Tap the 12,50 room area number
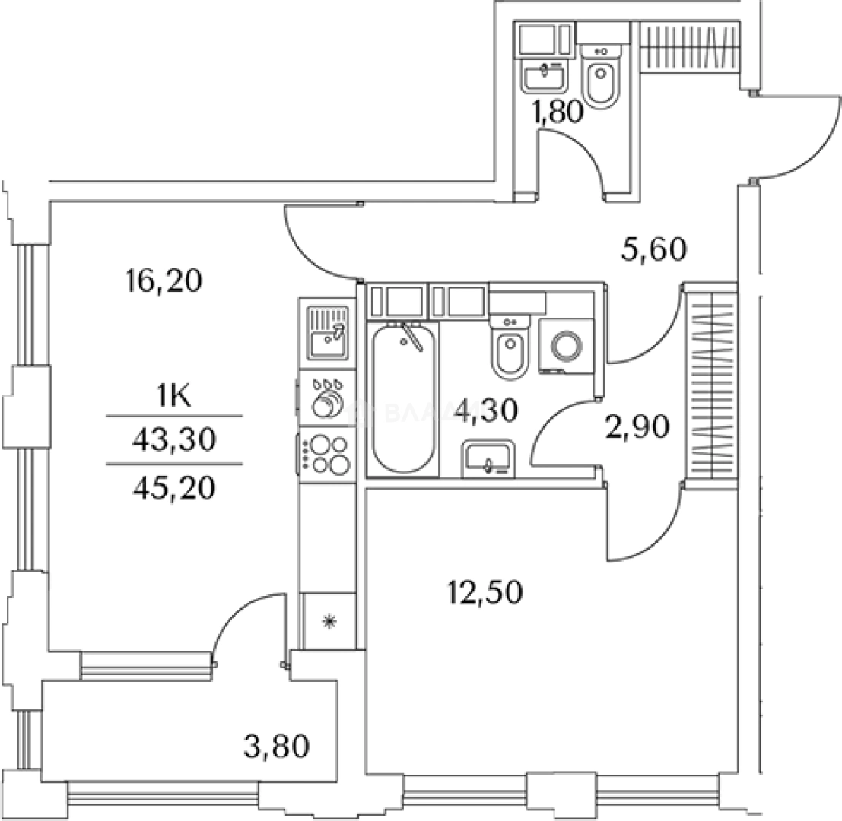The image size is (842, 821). point(485,591)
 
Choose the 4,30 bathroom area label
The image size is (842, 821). point(486,411)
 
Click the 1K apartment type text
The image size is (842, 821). point(175,396)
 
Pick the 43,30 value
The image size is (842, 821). point(175,440)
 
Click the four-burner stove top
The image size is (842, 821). point(326,455)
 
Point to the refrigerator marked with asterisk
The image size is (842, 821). point(328,622)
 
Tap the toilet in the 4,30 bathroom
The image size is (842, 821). point(507,350)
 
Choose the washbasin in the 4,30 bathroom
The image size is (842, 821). point(488,459)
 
